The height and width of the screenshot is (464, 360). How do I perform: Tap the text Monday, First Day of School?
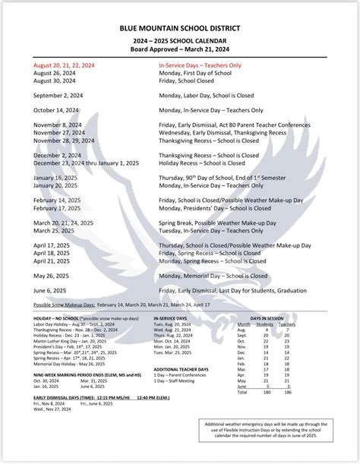coord(194,73)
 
